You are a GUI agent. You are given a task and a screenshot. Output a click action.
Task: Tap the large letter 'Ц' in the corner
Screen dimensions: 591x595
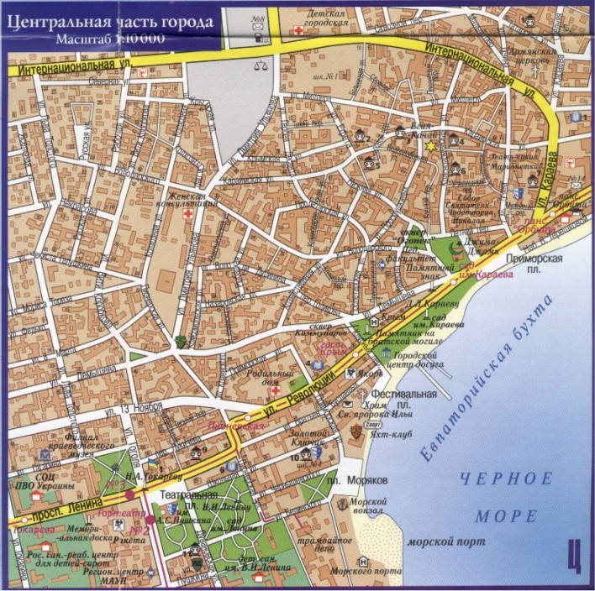574,555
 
